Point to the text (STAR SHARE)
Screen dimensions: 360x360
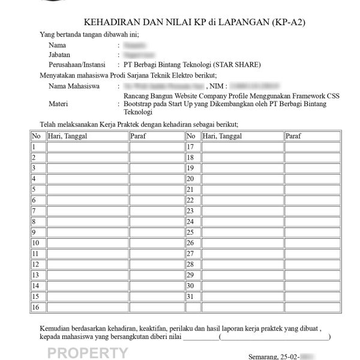click(239, 64)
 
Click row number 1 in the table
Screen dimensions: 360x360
click(34, 146)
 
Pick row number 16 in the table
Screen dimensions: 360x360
click(36, 307)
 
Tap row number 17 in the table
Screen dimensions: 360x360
click(191, 146)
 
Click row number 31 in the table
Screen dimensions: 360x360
click(191, 296)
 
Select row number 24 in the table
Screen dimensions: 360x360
click(191, 221)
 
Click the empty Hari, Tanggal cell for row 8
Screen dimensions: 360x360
click(86, 221)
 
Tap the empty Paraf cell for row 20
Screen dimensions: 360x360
click(311, 179)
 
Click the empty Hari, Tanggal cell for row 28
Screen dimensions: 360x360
click(242, 265)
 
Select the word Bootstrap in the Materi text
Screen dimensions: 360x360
click(139, 103)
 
